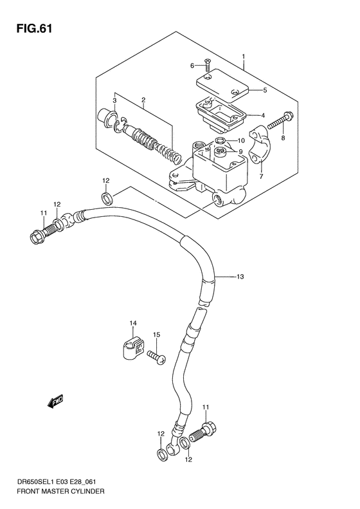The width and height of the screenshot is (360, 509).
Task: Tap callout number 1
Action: tap(244, 57)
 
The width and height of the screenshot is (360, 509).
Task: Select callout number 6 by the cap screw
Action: tap(192, 66)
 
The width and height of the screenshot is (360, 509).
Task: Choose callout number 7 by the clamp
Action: tap(262, 175)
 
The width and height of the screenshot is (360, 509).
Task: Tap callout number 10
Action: tap(241, 141)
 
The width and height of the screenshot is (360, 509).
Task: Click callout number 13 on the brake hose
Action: tap(239, 277)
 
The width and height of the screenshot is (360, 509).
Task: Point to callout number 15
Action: tap(156, 335)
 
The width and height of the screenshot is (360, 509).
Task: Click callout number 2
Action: tap(143, 100)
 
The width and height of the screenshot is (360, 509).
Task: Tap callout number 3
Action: tap(114, 100)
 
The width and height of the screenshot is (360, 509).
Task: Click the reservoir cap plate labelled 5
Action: tap(221, 84)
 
